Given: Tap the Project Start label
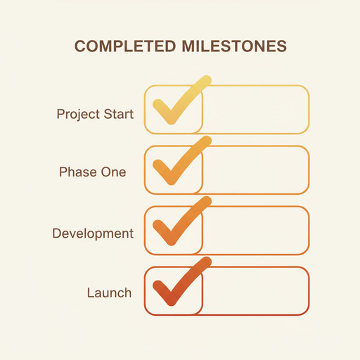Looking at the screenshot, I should pyautogui.click(x=95, y=114).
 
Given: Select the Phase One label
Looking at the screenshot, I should pyautogui.click(x=93, y=172).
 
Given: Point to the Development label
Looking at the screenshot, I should pyautogui.click(x=93, y=233).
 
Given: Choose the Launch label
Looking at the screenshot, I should pyautogui.click(x=109, y=292).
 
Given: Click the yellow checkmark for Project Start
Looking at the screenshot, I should pyautogui.click(x=177, y=103).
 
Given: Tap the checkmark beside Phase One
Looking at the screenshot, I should pyautogui.click(x=177, y=163).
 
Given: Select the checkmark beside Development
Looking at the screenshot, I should pyautogui.click(x=177, y=224).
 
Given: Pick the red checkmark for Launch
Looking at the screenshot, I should pyautogui.click(x=177, y=284).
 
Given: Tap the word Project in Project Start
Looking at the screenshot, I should pyautogui.click(x=79, y=114).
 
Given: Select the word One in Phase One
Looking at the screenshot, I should pyautogui.click(x=114, y=172).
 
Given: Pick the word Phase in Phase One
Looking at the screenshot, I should pyautogui.click(x=77, y=172).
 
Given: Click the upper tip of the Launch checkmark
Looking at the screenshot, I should pyautogui.click(x=207, y=262).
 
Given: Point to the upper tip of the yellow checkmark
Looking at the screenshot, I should pyautogui.click(x=207, y=80).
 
